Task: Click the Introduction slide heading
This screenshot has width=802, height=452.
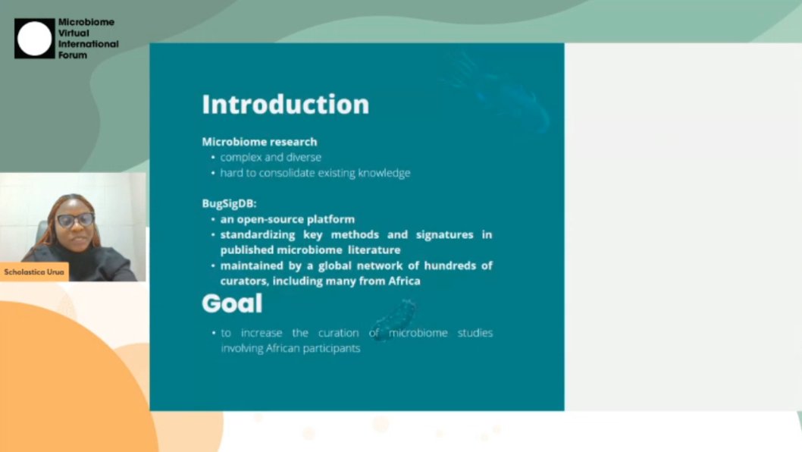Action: click(285, 105)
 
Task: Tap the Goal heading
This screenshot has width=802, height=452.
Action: click(232, 304)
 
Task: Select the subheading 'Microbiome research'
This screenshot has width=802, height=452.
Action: click(259, 142)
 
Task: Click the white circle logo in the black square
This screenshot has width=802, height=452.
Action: click(35, 39)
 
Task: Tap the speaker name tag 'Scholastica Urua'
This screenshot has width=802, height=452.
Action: click(34, 272)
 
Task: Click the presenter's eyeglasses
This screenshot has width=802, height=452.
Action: click(75, 220)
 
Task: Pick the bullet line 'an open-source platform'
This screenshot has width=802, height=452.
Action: click(287, 219)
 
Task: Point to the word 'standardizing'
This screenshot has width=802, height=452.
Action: click(257, 235)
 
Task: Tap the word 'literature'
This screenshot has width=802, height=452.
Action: click(374, 250)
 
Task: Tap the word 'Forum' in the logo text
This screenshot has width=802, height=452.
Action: click(73, 55)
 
